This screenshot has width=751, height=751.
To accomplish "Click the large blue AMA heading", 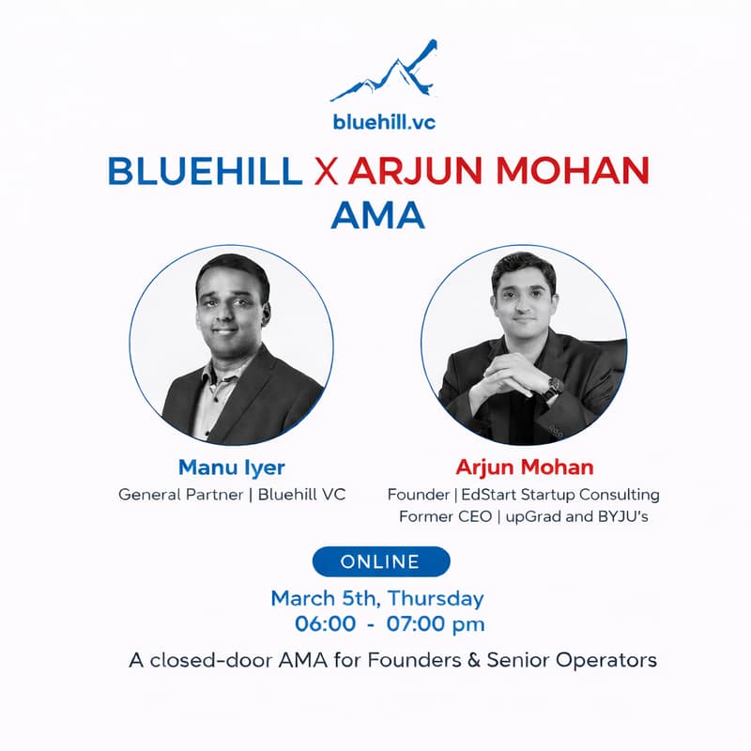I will (377, 216).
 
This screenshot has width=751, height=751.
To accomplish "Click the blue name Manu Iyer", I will (232, 467).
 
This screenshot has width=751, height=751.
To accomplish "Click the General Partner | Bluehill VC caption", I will (232, 494).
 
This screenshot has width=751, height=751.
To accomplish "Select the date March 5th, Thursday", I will (377, 598).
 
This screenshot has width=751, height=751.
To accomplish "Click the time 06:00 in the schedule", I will (325, 623).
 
